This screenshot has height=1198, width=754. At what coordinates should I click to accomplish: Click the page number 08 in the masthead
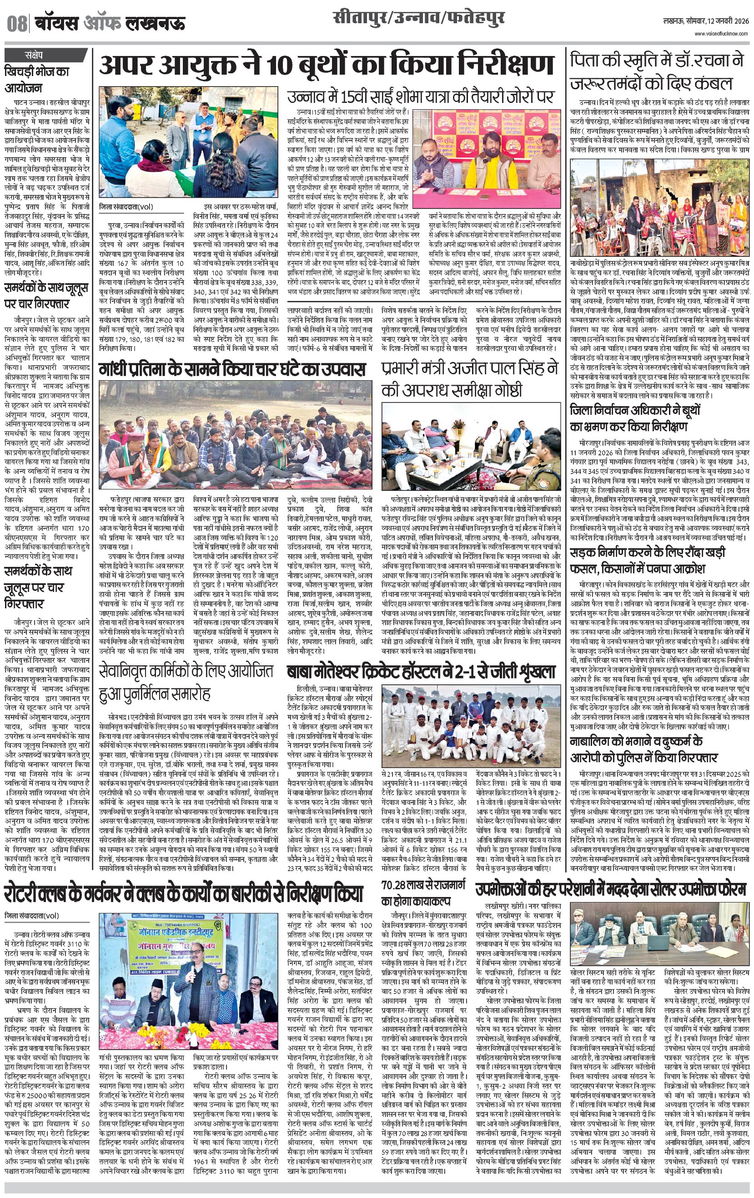[16, 24]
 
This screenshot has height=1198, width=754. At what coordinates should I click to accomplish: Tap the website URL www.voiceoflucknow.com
[721, 34]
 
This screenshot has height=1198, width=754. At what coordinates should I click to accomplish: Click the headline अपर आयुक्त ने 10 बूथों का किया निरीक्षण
[327, 65]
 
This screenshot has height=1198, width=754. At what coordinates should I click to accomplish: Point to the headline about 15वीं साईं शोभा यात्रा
[420, 97]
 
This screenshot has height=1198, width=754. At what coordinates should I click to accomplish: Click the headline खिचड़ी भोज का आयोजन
[37, 80]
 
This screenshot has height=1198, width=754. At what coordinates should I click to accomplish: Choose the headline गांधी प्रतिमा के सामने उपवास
[232, 369]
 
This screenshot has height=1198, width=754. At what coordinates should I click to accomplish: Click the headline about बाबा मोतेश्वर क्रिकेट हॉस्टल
[421, 672]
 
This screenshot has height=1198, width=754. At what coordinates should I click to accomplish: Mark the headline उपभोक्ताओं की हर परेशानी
[610, 889]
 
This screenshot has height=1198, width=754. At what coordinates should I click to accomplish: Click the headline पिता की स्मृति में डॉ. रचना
[657, 71]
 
